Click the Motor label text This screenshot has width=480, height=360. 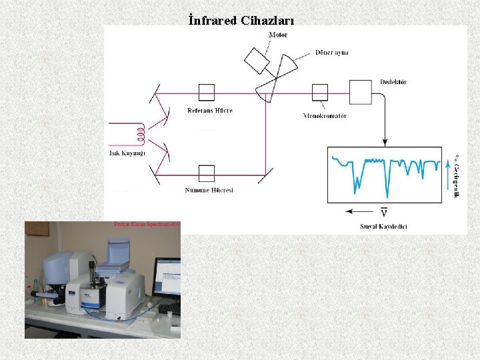coord(279,35)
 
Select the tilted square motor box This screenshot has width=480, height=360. coord(256,60)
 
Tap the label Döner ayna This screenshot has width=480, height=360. coord(332,53)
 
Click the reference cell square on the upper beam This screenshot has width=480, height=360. coord(207,92)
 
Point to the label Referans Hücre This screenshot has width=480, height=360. coord(210,110)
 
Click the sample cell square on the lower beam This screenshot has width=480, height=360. coord(207,173)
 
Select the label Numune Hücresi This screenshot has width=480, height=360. coord(209,191)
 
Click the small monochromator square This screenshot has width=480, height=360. coord(320,92)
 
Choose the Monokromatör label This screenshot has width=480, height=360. coord(325,115)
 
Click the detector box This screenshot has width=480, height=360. coord(361,92)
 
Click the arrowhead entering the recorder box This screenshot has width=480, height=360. coord(385,141)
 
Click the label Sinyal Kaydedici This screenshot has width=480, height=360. coord(383,226)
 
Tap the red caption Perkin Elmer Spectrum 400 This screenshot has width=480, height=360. coord(147,225)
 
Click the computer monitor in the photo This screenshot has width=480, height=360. coord(167,277)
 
